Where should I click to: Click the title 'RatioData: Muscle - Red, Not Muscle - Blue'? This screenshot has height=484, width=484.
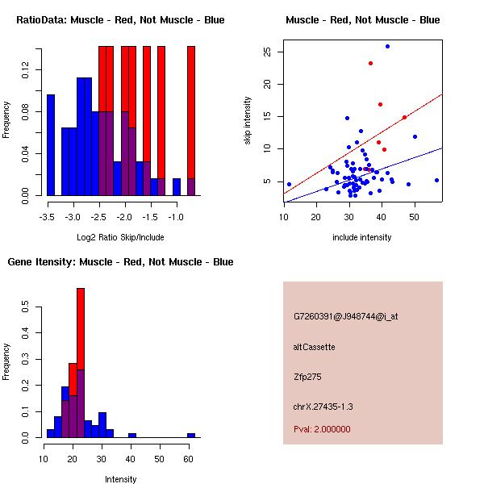click(x=120, y=19)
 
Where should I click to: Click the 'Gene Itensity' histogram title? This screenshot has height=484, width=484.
click(x=120, y=262)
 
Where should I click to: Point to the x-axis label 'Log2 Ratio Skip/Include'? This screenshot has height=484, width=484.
click(x=120, y=237)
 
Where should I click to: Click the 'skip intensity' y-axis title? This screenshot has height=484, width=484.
click(x=248, y=121)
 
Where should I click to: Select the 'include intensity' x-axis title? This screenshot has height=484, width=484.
click(x=362, y=237)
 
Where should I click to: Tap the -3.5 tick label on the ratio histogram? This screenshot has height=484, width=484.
click(x=48, y=217)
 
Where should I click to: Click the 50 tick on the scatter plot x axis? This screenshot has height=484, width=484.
click(x=414, y=217)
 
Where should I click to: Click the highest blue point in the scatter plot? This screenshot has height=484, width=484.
click(x=387, y=46)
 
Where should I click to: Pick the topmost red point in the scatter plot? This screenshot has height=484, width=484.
click(x=370, y=63)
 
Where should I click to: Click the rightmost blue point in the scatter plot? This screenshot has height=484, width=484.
click(x=436, y=180)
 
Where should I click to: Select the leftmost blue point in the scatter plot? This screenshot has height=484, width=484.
click(x=289, y=184)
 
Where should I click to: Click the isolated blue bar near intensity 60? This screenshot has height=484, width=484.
click(x=191, y=435)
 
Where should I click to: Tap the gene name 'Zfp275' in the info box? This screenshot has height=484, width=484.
click(x=307, y=376)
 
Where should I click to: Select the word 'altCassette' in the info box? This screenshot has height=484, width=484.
click(x=314, y=347)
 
